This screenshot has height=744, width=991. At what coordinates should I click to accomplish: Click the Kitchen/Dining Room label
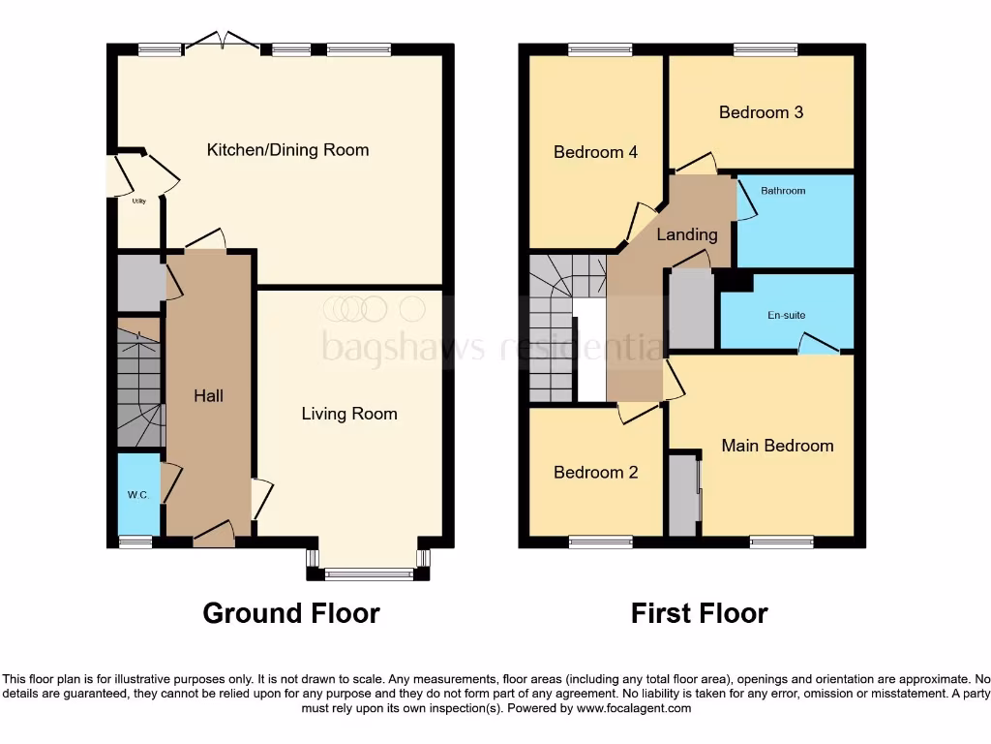pos(287,150)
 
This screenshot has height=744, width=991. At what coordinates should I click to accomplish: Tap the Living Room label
pos(349,414)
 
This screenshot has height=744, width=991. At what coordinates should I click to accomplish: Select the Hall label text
pos(208,395)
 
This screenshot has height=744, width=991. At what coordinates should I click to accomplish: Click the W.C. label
pos(136,495)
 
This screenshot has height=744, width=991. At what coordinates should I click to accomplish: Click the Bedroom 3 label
pos(761,112)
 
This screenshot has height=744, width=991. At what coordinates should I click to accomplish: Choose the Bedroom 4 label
pos(595,152)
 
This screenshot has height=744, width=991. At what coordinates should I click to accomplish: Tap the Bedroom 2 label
pos(595,473)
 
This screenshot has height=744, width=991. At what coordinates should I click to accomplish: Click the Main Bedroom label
pos(777,446)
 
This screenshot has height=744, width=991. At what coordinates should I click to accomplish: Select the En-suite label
pos(787,316)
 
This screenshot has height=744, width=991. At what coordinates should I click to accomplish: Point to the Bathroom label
pos(782,191)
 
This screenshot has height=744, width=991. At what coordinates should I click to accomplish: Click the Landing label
pos(687,234)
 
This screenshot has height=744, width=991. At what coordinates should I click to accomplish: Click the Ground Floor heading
pos(290,613)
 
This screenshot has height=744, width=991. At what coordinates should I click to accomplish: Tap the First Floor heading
pos(699,613)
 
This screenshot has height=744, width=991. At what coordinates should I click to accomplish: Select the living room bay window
pos(368,573)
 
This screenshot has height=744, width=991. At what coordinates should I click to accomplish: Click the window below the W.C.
pos(135,542)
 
